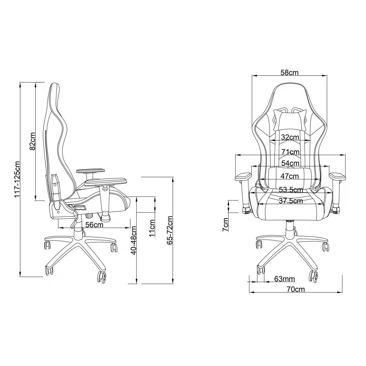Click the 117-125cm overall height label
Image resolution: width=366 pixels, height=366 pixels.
point(18,179)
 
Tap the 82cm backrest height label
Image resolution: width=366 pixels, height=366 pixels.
point(32,141)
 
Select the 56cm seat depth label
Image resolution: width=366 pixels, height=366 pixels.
point(94,224)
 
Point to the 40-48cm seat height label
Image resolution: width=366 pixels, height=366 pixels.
point(134,240)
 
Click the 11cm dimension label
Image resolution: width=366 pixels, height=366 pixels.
point(152,228)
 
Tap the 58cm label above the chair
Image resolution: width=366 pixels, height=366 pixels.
point(290,73)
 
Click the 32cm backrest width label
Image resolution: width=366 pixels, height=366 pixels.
point(290,137)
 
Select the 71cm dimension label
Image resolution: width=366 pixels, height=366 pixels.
point(290,152)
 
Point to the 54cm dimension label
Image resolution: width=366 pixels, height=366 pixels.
point(290,163)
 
